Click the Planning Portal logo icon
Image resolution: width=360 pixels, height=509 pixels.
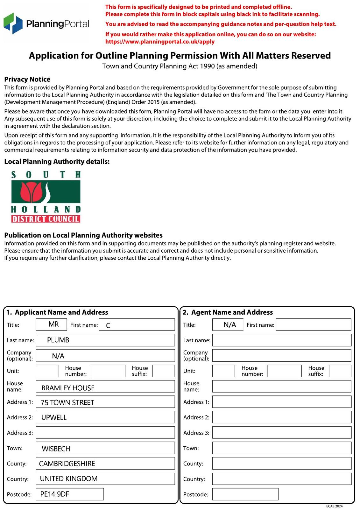click(x=13, y=23)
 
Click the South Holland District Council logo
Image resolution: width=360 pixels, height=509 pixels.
click(x=46, y=197)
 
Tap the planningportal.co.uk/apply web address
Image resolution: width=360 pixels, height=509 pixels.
click(x=160, y=42)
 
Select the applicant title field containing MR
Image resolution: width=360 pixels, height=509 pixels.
click(x=52, y=324)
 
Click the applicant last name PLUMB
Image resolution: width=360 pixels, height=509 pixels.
click(x=58, y=340)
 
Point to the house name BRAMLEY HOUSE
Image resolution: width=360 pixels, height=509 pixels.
click(x=68, y=388)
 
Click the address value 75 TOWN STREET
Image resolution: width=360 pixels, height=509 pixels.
click(x=67, y=402)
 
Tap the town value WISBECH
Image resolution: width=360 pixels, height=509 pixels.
click(x=56, y=449)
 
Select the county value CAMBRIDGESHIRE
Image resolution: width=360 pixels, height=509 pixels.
click(x=67, y=464)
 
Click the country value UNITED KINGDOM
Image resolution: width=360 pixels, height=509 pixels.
click(x=69, y=479)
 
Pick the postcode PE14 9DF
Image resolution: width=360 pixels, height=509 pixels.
click(x=55, y=494)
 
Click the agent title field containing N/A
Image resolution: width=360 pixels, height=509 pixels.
click(x=228, y=324)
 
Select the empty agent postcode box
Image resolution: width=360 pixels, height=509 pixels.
click(x=245, y=494)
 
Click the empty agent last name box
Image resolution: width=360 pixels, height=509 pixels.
click(x=282, y=340)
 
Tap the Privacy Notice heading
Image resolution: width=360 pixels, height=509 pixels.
click(x=27, y=79)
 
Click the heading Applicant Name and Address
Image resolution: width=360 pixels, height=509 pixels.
click(x=61, y=312)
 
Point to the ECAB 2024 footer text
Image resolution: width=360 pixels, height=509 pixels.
click(x=334, y=506)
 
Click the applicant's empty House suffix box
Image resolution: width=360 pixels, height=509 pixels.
click(x=163, y=371)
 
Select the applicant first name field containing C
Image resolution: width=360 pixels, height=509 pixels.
click(x=137, y=325)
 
